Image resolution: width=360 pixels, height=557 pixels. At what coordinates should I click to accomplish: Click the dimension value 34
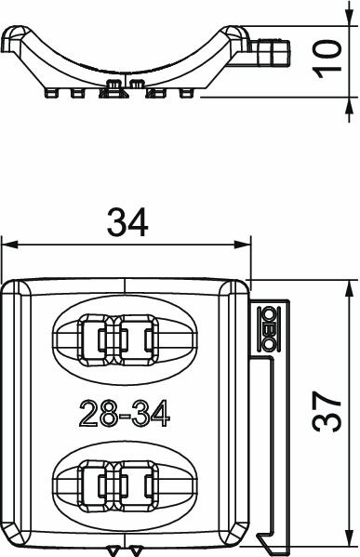point(127,223)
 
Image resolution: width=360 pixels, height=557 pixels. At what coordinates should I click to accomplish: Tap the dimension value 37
point(327,411)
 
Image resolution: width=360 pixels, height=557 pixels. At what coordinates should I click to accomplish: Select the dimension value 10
point(327,59)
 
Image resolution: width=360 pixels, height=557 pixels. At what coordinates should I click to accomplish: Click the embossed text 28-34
point(125,413)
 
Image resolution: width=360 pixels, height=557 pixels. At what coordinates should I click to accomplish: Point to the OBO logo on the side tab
point(268,328)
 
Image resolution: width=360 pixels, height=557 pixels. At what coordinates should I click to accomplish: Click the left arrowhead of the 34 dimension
point(9,245)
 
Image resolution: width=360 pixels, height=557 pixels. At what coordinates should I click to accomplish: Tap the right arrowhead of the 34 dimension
point(243,245)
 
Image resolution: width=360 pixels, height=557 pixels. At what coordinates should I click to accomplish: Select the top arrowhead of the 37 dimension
point(350,288)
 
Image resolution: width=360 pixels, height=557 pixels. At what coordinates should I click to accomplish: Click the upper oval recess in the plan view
point(125,340)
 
